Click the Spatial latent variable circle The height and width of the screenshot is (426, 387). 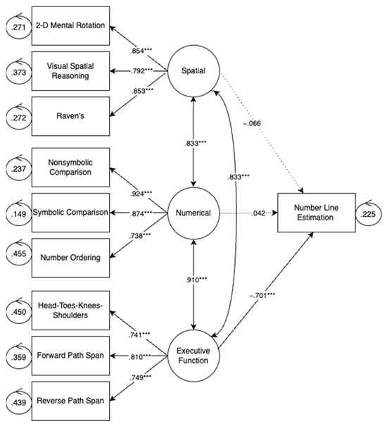point(193,73)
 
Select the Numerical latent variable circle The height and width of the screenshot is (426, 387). point(193,212)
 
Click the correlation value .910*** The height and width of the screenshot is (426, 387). point(193,280)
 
